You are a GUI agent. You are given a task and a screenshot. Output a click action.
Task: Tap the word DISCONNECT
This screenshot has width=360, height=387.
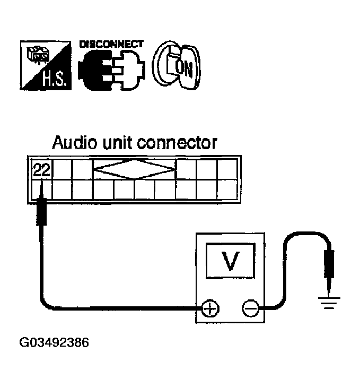point(111,44)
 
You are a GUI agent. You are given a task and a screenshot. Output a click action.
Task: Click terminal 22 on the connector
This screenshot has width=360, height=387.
point(40,169)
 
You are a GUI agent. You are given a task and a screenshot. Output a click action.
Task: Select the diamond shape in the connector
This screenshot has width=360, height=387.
point(134,169)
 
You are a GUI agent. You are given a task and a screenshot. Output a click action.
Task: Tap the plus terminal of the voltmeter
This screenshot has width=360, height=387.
point(210,308)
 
